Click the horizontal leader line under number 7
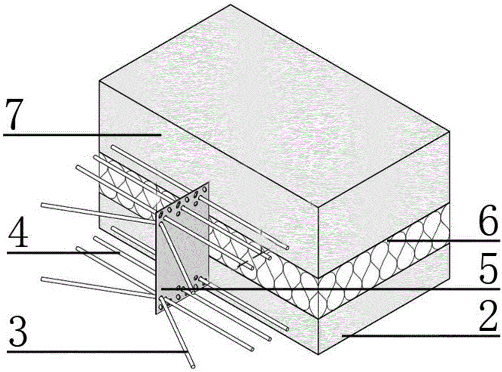[x=80, y=135]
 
